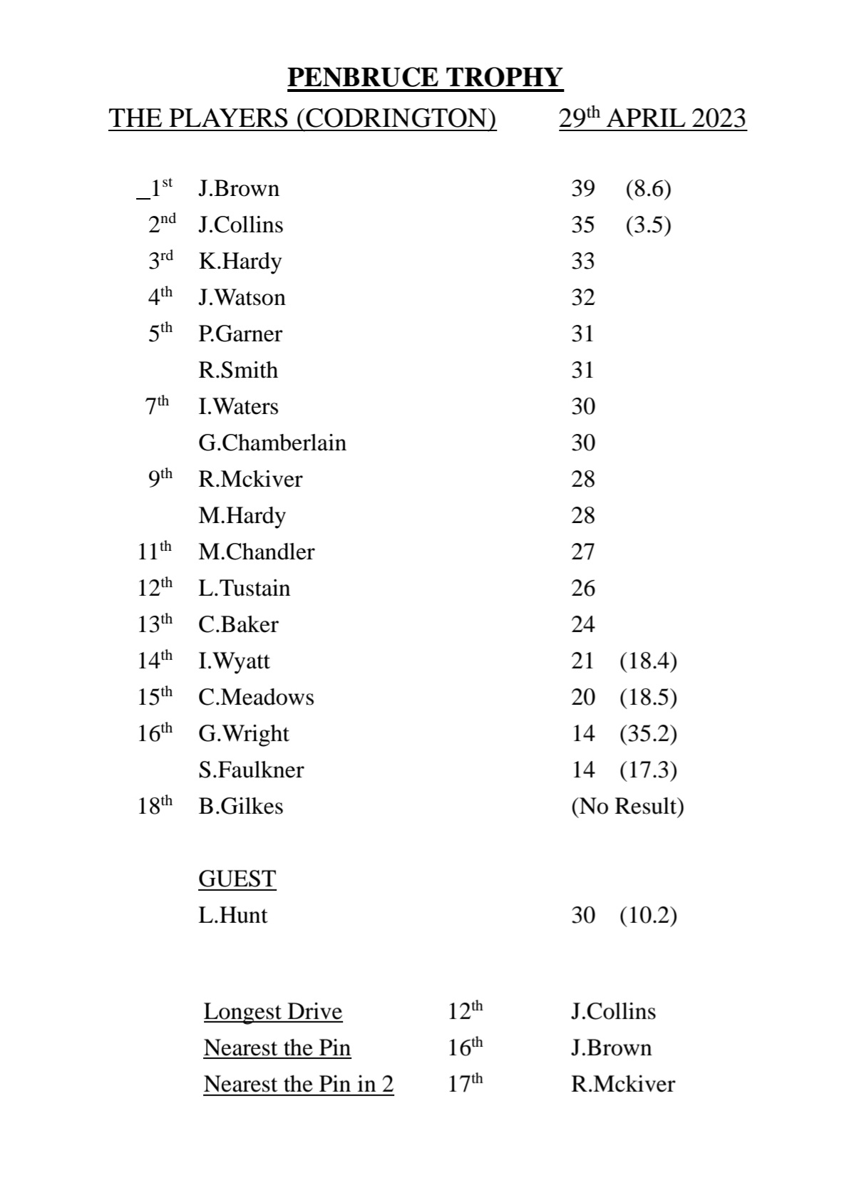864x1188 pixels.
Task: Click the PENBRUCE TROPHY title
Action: [425, 77]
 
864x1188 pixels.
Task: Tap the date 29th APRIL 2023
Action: [652, 118]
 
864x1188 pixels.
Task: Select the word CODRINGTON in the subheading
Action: [396, 118]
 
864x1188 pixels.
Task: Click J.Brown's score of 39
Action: [582, 188]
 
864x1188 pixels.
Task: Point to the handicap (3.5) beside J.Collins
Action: [648, 224]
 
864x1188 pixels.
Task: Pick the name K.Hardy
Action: [240, 261]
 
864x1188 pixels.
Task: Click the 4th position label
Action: [160, 296]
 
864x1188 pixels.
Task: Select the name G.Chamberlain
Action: [272, 443]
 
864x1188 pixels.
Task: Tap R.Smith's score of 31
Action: [582, 370]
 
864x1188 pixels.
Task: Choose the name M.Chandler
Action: [256, 552]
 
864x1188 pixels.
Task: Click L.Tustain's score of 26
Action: [582, 588]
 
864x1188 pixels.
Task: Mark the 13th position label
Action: [155, 624]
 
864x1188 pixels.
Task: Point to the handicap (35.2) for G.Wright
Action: [648, 733]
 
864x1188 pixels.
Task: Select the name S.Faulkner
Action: [251, 770]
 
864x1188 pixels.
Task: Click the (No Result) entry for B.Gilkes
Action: [627, 806]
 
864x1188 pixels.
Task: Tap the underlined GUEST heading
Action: [237, 879]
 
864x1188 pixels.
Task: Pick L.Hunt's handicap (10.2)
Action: [648, 915]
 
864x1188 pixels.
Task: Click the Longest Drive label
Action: [272, 1011]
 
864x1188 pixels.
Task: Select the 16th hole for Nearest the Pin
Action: [465, 1047]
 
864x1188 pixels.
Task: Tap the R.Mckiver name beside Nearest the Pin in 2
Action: [622, 1084]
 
